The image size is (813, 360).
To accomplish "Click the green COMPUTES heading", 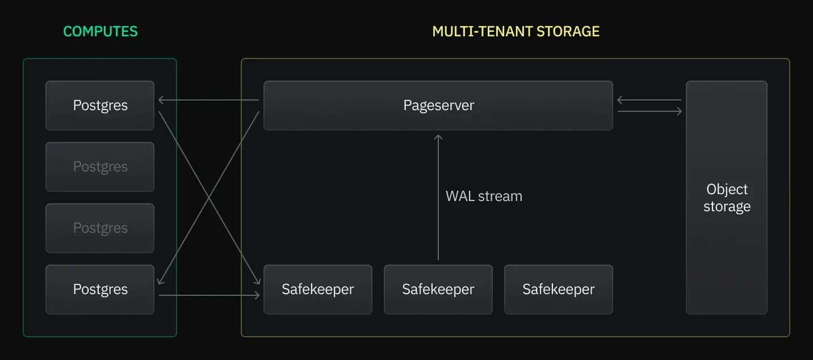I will [x=100, y=31].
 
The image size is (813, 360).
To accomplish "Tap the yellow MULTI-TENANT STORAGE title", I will [x=516, y=31].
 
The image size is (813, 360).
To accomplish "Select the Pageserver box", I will [x=438, y=106].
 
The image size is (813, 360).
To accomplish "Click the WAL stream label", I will [x=484, y=196].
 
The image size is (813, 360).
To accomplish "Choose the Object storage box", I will [x=726, y=198].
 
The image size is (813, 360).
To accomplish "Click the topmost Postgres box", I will [x=100, y=106].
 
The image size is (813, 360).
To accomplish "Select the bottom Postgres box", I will [x=100, y=290].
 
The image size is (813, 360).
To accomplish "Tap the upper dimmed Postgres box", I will [x=100, y=167].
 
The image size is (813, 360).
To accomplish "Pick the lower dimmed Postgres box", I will [x=100, y=228].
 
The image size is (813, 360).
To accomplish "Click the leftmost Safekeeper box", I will [x=317, y=290].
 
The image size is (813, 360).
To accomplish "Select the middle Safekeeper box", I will [x=438, y=290].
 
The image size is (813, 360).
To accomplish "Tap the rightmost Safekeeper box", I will [x=558, y=290].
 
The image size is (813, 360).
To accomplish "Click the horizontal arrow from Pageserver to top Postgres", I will [x=208, y=101].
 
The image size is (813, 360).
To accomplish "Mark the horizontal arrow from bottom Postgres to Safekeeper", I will [x=209, y=295].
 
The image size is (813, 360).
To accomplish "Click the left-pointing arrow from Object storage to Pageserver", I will [x=649, y=101].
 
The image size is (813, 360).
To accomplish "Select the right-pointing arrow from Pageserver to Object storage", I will [x=649, y=111].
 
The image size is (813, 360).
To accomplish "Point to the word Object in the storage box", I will [x=727, y=190].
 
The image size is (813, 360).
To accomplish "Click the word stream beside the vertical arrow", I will [x=500, y=196].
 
